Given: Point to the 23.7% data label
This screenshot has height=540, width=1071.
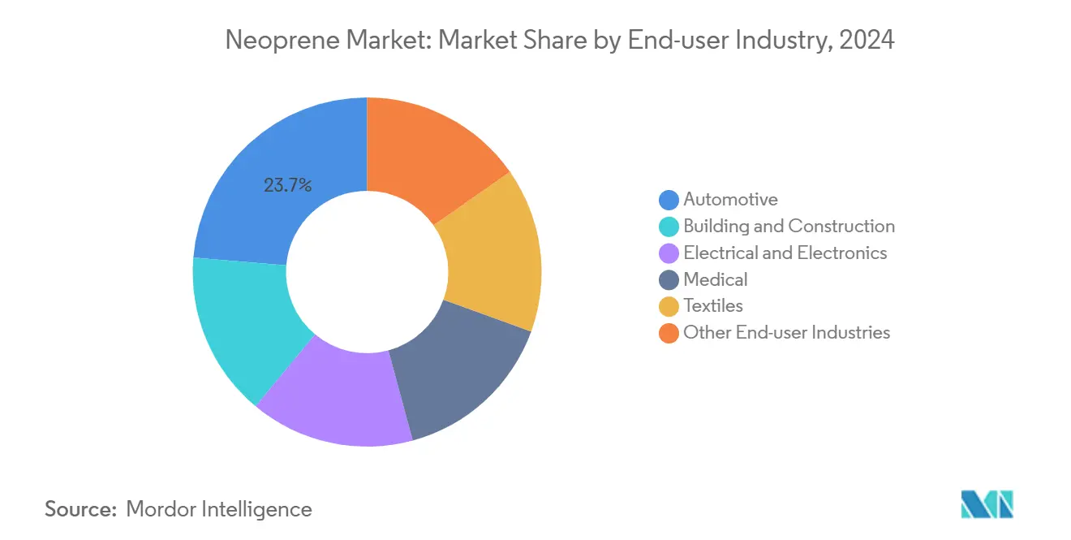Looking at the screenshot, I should point(287,185).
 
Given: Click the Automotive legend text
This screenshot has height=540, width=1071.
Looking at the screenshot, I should point(730,199).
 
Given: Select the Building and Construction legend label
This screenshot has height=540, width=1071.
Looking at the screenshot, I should point(789,226).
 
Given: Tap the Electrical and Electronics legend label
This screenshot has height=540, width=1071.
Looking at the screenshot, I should point(785,253).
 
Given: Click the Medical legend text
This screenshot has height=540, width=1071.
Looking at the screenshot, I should point(715,279).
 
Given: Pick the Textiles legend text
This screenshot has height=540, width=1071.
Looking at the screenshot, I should point(712,306).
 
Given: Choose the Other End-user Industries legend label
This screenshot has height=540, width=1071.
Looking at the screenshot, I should point(786,332).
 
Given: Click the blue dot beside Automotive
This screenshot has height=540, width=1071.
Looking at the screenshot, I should point(669,200).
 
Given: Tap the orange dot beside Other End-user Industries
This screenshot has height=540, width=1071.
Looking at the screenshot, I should point(669,333).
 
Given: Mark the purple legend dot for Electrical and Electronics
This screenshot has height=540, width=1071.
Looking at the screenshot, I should point(669,253).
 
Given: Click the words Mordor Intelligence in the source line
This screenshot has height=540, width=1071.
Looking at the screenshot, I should point(219,509).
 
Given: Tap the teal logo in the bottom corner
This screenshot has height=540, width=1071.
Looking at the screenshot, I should point(987,504).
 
